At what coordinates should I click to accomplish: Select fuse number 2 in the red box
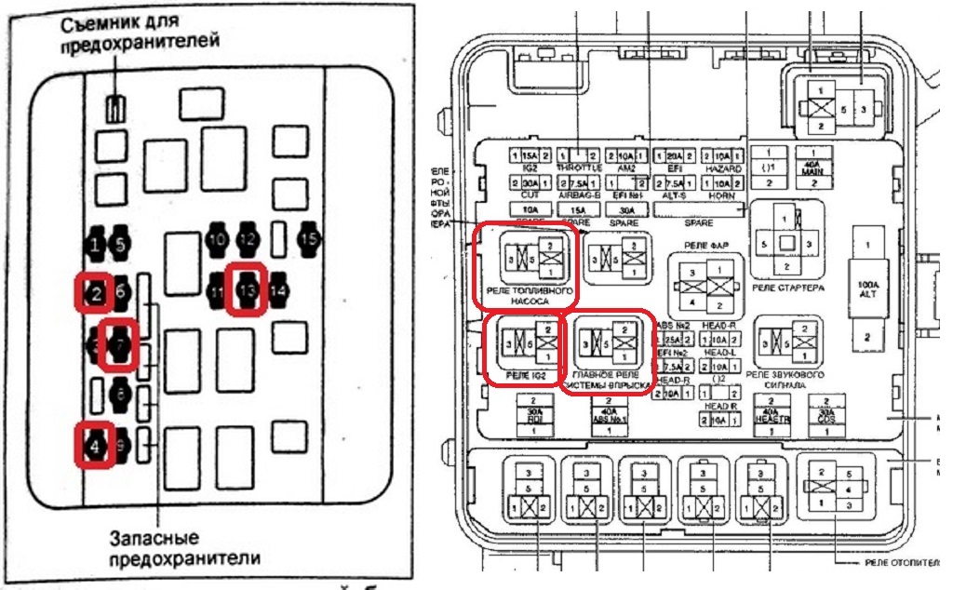pyautogui.click(x=95, y=293)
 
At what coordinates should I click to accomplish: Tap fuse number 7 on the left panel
pyautogui.click(x=120, y=344)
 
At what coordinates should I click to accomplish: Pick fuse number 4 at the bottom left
pyautogui.click(x=95, y=446)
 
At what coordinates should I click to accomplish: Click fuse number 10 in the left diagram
pyautogui.click(x=217, y=239)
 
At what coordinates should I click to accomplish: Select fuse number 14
pyautogui.click(x=276, y=290)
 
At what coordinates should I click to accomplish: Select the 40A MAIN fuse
pyautogui.click(x=813, y=168)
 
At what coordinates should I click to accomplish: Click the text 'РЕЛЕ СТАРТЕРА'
pyautogui.click(x=787, y=288)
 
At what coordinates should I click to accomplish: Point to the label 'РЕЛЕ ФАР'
pyautogui.click(x=706, y=246)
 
